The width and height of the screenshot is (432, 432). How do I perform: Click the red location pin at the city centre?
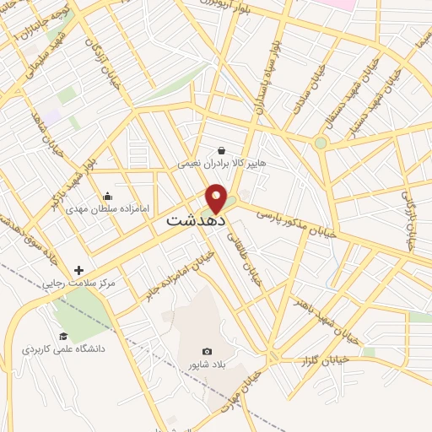pos(217,198)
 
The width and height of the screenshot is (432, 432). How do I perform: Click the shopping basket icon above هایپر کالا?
pos(221,151)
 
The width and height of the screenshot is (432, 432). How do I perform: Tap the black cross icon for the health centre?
pos(78,271)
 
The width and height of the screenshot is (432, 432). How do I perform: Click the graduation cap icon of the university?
pos(62,336)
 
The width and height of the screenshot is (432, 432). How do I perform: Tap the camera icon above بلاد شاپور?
pos(207,351)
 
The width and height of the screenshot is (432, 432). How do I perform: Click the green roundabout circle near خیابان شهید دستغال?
pos(321,143)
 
